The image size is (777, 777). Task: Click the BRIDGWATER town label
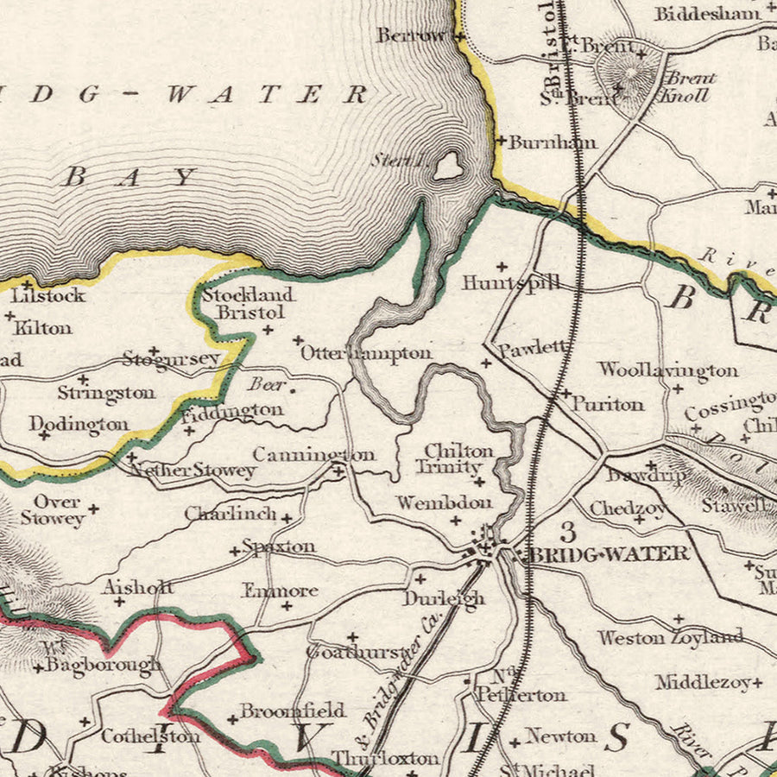point(609,554)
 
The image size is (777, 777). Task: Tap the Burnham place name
point(552,142)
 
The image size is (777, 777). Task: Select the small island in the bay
point(447,166)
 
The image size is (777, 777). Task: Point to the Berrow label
point(411,35)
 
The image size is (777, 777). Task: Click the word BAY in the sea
point(129,178)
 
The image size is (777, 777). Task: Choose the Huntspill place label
point(510,282)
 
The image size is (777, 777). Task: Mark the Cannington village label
point(313,454)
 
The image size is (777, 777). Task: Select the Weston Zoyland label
point(670,638)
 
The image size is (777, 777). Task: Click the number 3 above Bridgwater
point(567,531)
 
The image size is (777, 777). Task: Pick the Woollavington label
point(668,370)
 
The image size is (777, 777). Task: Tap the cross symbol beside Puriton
point(565,393)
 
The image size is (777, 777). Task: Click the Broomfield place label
point(292,711)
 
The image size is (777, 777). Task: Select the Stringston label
point(106,393)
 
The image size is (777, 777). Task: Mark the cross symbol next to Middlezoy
point(757,682)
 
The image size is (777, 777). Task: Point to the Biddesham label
point(707,14)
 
